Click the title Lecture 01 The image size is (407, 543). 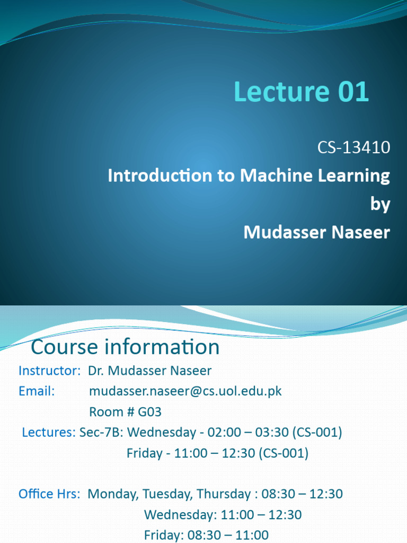click(300, 92)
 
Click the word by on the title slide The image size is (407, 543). click(380, 204)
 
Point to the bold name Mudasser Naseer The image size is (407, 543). click(316, 232)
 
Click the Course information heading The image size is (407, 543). click(125, 347)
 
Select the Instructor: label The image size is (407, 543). click(49, 371)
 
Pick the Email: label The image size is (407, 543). click(37, 391)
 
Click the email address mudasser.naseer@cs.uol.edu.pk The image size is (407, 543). click(185, 391)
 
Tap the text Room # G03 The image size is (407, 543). click(125, 412)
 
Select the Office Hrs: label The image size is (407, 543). click(49, 494)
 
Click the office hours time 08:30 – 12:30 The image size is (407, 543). click(302, 494)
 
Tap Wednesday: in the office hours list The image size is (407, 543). click(178, 515)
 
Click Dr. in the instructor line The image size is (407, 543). click(96, 371)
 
